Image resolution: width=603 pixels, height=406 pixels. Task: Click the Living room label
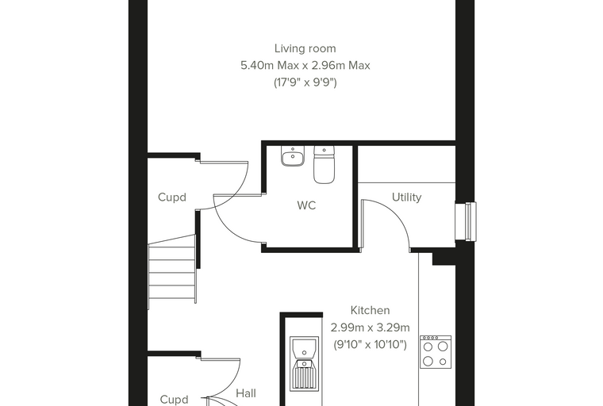click(305, 48)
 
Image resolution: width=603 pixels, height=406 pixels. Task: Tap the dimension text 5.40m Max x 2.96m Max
click(305, 65)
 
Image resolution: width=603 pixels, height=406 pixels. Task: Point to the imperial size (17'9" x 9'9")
click(305, 82)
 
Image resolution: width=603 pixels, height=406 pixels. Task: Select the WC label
click(306, 205)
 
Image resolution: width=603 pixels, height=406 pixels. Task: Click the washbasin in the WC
click(293, 155)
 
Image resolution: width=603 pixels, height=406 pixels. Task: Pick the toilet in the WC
click(325, 164)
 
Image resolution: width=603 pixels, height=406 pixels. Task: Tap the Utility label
click(406, 197)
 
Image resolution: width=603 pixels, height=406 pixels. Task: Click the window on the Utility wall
click(466, 221)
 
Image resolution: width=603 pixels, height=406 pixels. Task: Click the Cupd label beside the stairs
click(172, 197)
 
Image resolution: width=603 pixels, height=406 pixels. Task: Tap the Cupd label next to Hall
click(174, 400)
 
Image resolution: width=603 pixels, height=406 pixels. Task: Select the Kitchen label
click(370, 310)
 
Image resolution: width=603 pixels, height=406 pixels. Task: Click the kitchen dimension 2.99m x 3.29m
click(370, 327)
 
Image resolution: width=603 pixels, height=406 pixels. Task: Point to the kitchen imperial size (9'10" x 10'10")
click(370, 344)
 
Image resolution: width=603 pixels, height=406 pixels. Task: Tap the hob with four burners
click(436, 352)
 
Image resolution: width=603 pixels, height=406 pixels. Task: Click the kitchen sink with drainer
click(304, 363)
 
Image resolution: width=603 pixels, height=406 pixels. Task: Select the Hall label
click(246, 393)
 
